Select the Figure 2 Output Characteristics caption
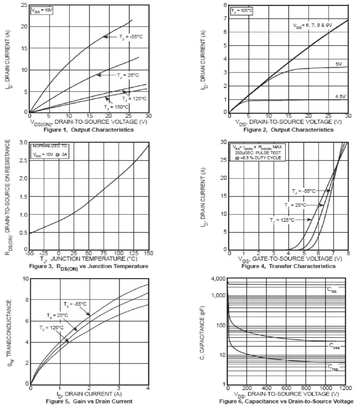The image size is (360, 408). click(288, 130)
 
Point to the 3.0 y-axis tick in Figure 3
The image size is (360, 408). click(23, 143)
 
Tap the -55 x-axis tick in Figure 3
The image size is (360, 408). click(29, 253)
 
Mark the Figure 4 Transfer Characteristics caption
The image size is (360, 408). click(288, 266)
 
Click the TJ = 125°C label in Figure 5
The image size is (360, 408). click(52, 328)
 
